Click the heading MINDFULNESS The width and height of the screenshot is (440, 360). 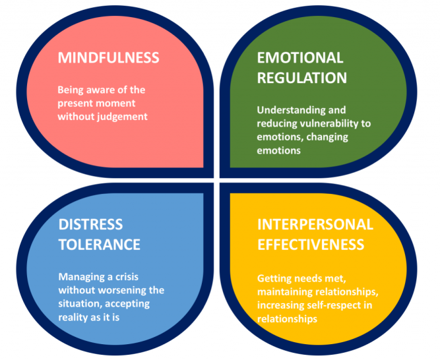108,57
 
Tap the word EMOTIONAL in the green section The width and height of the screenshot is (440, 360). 300,57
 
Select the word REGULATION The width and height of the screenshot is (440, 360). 301,77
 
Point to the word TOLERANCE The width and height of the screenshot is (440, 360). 99,244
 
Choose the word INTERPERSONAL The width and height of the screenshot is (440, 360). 315,224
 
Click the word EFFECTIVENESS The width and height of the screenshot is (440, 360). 311,244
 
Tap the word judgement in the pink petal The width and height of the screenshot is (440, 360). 122,116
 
